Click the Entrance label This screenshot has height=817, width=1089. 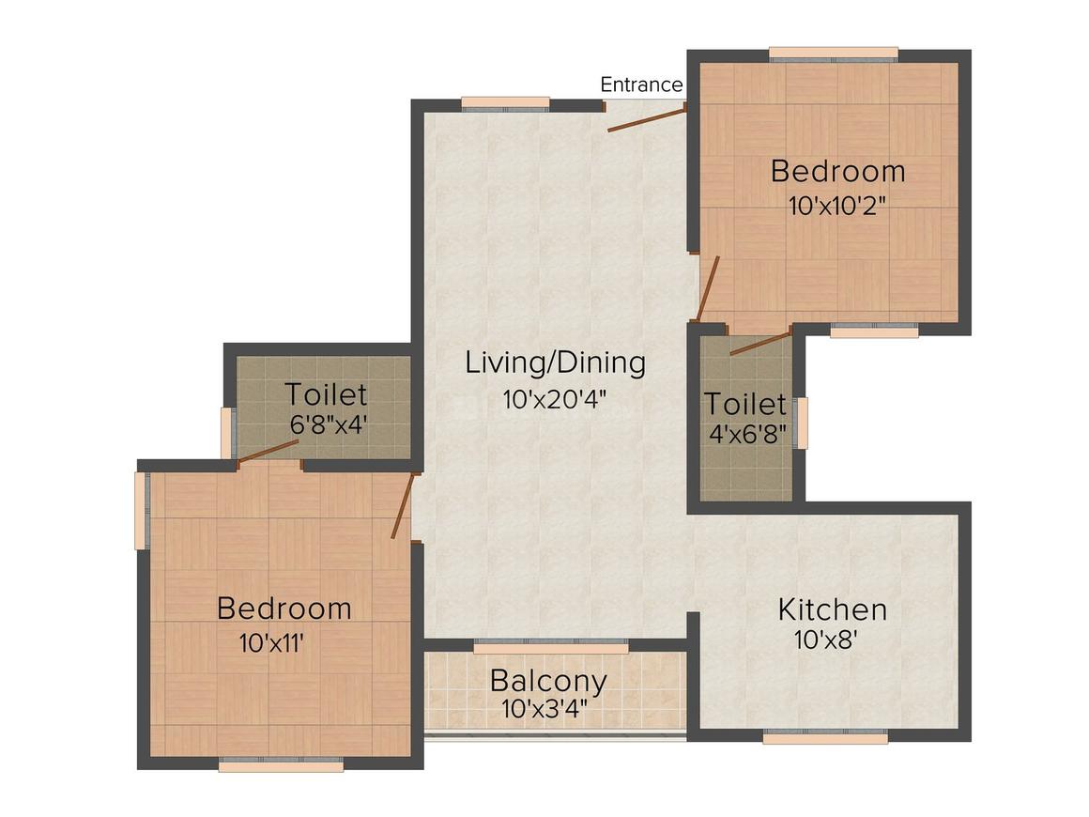pos(641,85)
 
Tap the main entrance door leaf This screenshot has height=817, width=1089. pos(646,118)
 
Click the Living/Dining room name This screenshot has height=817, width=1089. pos(555,362)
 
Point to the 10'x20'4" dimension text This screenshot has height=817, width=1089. pos(555,399)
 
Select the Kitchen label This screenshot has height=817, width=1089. pos(832,609)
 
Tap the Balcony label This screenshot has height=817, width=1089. pos(548,679)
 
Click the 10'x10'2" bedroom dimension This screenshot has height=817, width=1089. pos(837,206)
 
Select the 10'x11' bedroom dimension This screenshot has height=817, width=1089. pos(272,644)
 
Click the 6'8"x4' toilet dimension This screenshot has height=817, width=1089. pos(328,424)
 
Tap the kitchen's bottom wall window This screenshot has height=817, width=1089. pos(824,738)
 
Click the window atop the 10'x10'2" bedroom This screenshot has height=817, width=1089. pos(833,54)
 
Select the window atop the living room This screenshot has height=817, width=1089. pos(505,103)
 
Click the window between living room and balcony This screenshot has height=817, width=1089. pos(550,647)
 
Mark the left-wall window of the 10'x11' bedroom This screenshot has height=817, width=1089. pos(141,510)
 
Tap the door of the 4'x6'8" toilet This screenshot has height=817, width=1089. pos(760,342)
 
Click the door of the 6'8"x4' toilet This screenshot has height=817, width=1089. pos(268,452)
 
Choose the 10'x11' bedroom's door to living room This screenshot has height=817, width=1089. pos(403,505)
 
